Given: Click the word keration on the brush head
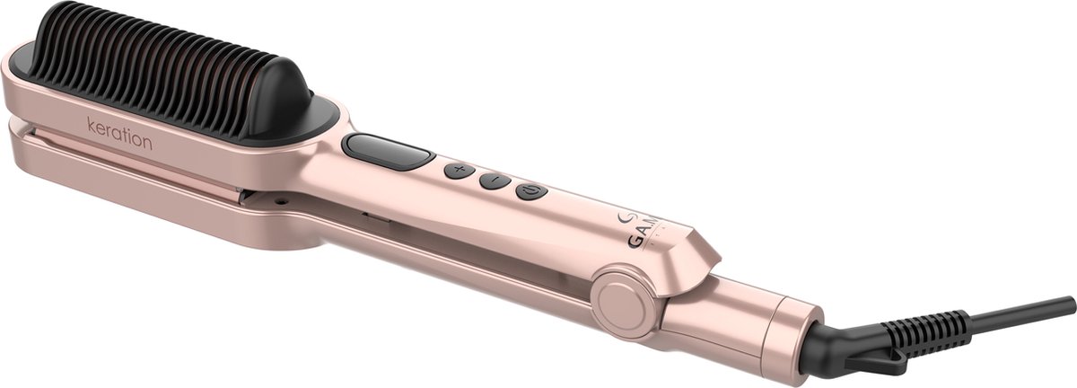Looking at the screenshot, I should pos(119,142).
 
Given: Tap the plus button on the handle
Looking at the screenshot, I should pos(458,171).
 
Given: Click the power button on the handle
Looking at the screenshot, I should pos(530,190).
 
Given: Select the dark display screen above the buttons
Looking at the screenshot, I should pos(386,152).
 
